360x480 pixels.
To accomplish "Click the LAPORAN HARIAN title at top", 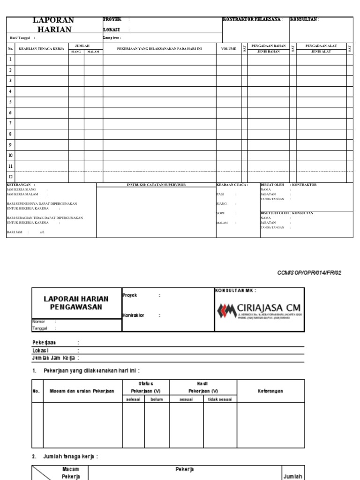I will [53, 25].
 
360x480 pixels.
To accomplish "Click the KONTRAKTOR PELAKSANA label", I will [252, 20].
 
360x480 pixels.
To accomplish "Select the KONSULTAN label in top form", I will [304, 20].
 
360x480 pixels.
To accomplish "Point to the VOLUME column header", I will [229, 49].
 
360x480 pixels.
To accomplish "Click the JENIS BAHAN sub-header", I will [269, 52].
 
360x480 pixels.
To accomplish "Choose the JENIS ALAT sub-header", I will [321, 52].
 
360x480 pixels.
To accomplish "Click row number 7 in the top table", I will [10, 123].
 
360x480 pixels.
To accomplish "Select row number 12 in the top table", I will [10, 177].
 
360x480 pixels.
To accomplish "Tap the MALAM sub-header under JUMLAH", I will [93, 52].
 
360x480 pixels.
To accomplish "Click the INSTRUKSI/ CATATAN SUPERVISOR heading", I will [156, 185].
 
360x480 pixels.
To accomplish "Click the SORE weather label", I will [220, 213].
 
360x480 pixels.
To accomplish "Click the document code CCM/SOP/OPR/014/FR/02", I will [310, 273].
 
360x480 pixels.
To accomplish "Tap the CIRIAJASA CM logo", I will [259, 310].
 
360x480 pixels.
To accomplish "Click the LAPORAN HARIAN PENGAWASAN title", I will [76, 303].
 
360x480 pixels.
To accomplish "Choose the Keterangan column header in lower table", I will [271, 391].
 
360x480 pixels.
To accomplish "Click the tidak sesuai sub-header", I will [220, 399].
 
